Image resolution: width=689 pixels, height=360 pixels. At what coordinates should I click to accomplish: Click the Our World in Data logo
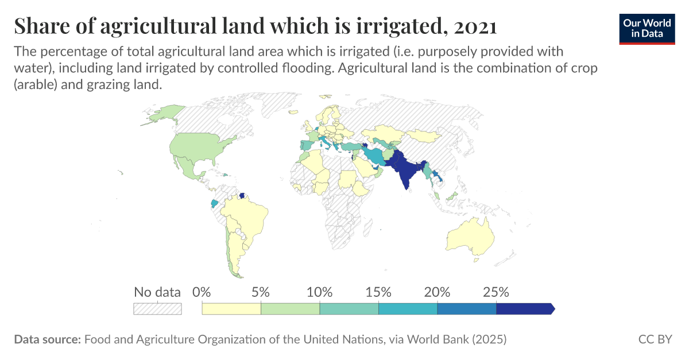pos(646,28)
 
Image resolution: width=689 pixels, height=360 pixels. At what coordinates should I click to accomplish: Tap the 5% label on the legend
pos(261,292)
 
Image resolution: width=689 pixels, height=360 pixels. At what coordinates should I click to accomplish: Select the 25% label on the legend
pos(496,292)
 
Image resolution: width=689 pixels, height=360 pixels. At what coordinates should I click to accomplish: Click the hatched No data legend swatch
pos(157,308)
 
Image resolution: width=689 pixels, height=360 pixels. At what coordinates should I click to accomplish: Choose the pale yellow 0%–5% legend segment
pos(231,308)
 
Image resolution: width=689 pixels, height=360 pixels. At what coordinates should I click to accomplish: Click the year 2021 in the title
pos(475,26)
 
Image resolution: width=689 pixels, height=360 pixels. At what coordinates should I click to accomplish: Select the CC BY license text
pos(655,339)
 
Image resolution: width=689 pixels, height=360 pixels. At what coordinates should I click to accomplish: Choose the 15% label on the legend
pos(378,292)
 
